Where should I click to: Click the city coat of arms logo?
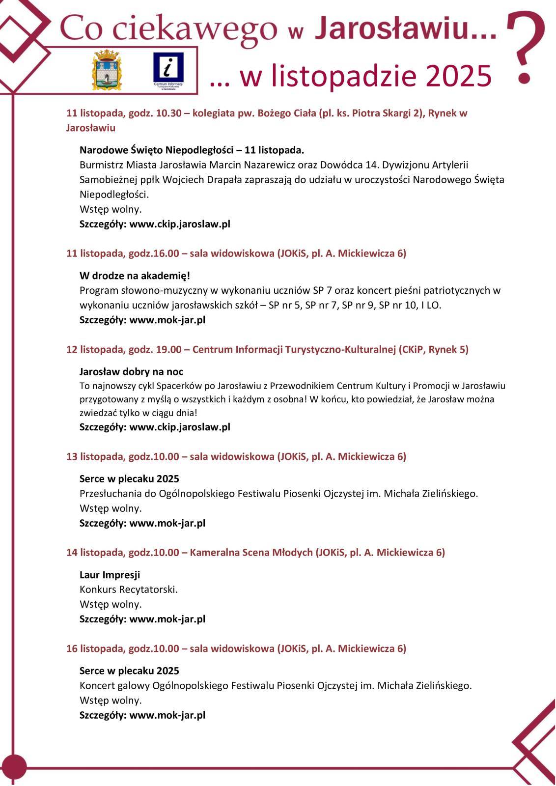[107, 69]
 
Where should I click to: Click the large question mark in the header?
[525, 47]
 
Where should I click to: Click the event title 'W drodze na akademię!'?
[135, 276]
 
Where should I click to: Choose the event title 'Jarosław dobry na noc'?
[131, 371]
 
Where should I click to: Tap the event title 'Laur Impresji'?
[110, 574]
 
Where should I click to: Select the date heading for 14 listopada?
[255, 552]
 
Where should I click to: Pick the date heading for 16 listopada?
[236, 648]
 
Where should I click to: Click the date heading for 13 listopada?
[236, 456]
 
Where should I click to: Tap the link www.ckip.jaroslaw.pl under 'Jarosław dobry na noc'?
[180, 426]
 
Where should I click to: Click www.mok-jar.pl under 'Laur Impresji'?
[167, 618]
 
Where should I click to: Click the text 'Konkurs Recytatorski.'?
[129, 589]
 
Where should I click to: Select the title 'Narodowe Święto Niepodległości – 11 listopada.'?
[192, 149]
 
